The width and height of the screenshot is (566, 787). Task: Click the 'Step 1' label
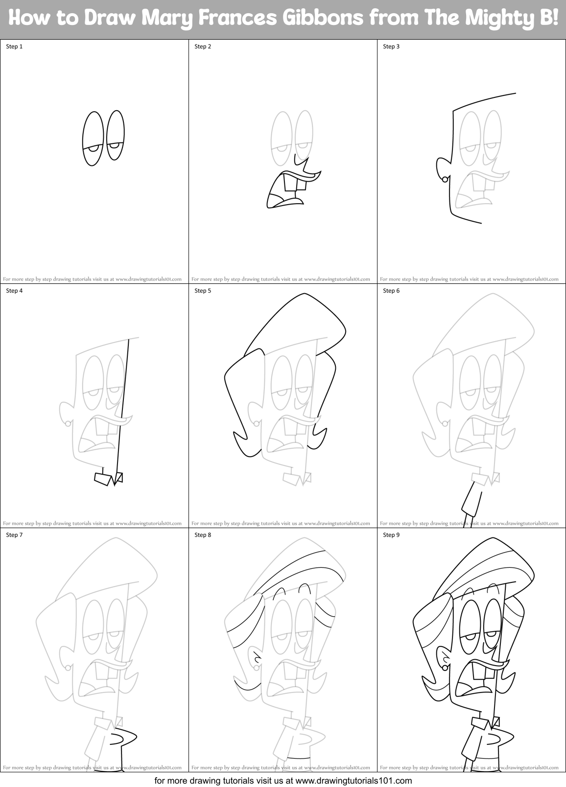(14, 46)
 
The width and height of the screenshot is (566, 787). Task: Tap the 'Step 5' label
(203, 291)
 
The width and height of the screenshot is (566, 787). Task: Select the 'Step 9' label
(391, 535)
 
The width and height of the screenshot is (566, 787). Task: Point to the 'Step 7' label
(14, 535)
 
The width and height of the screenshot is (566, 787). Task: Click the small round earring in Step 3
(445, 179)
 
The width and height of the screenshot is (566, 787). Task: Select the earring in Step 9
(445, 667)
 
